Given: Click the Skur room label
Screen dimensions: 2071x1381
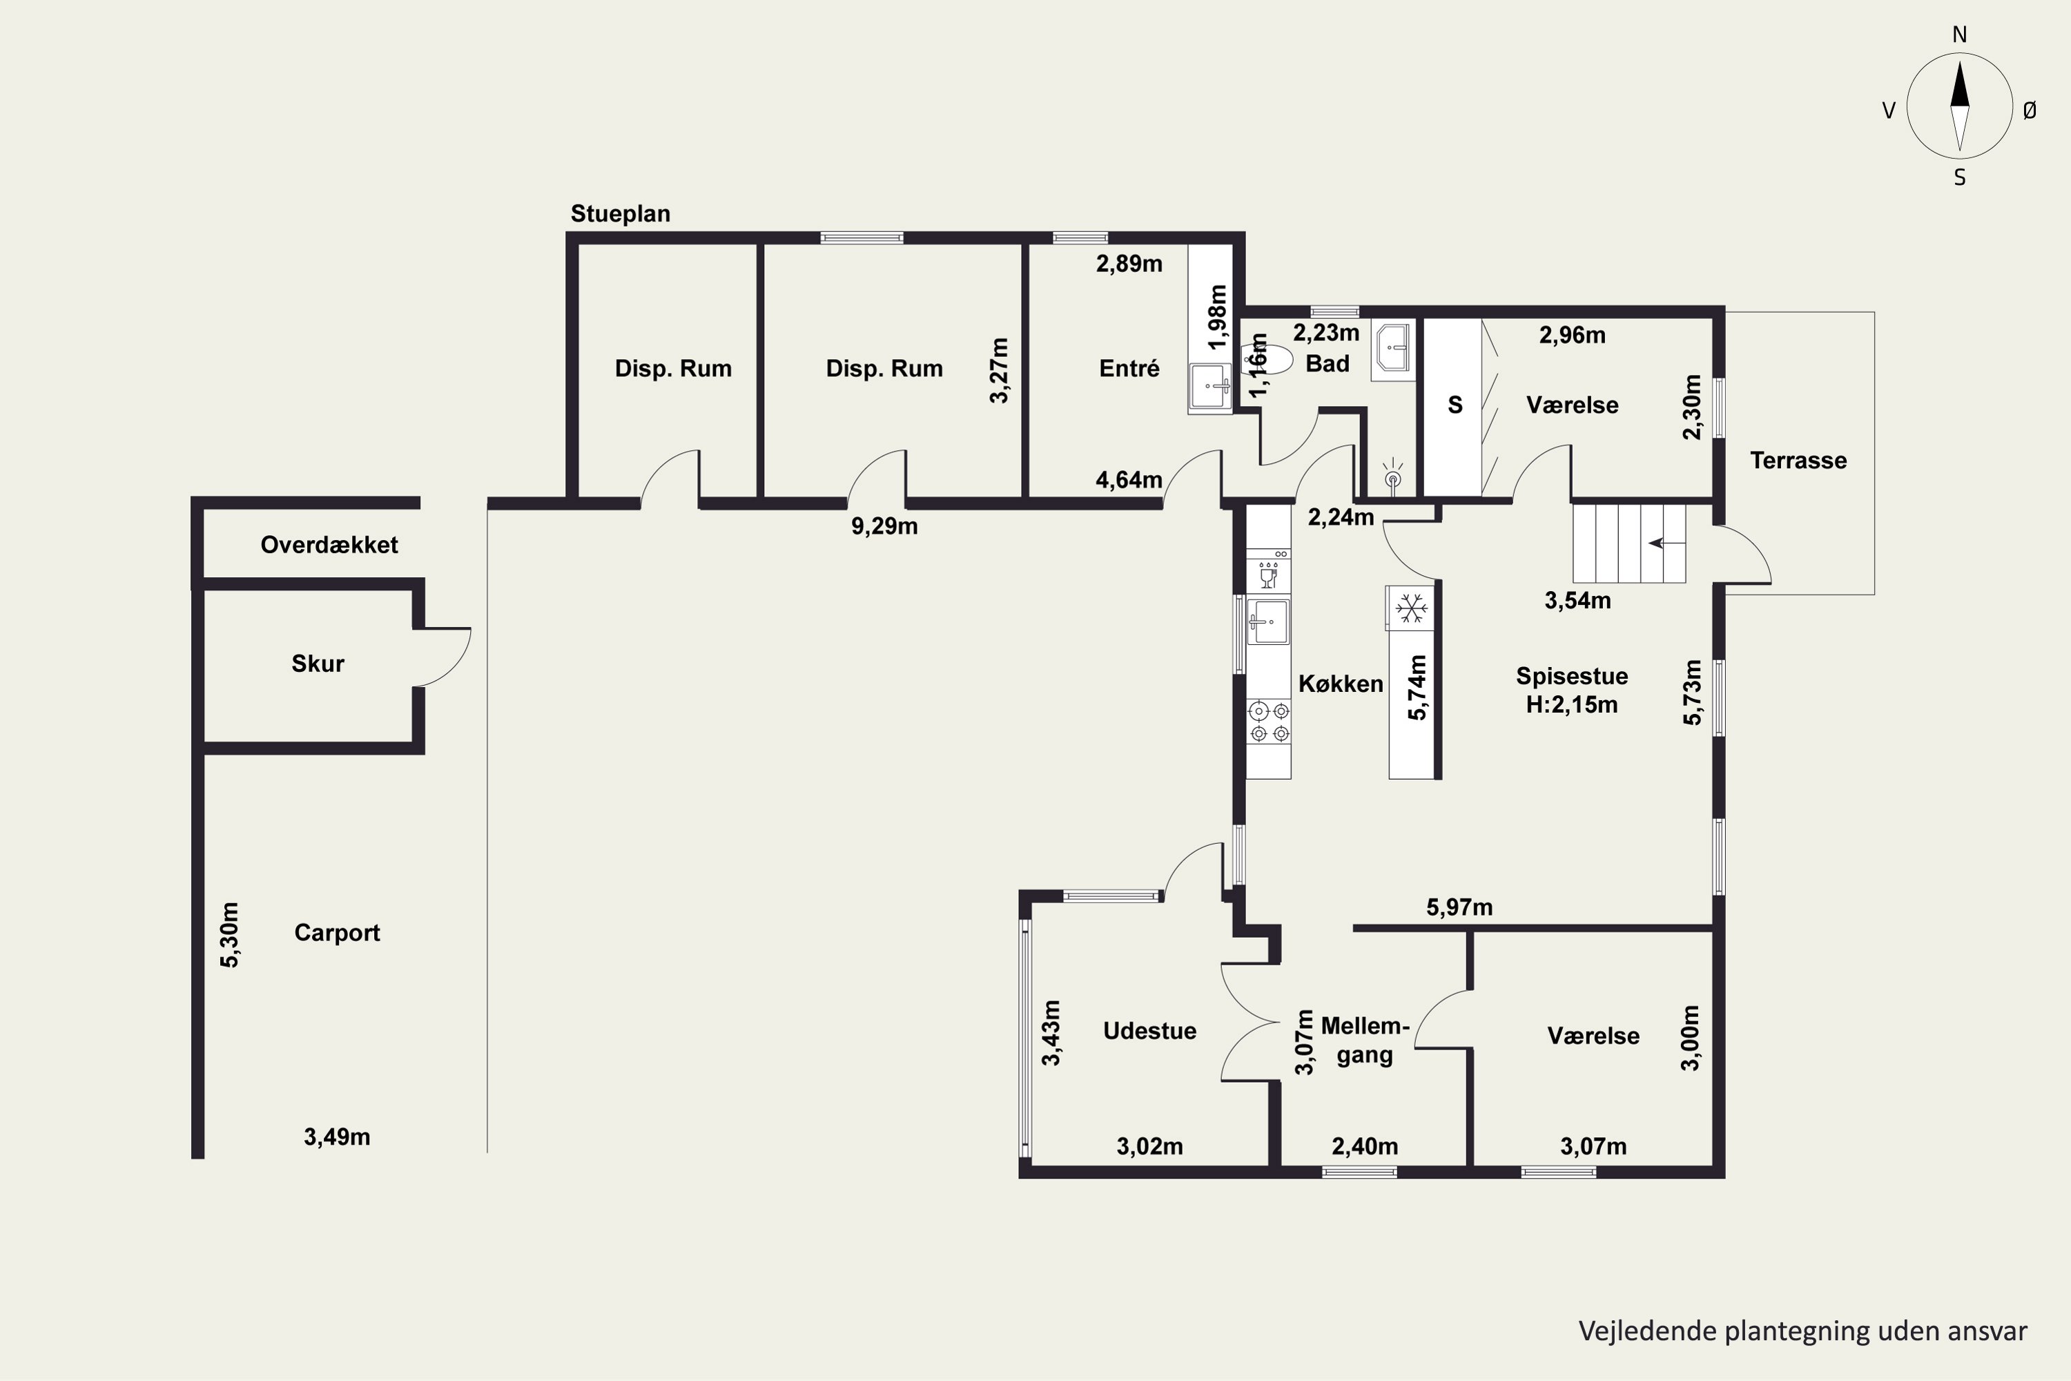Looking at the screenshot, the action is point(318,663).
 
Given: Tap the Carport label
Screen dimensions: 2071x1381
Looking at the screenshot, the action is point(338,934).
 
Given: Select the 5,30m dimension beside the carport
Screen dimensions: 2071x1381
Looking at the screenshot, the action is point(229,934).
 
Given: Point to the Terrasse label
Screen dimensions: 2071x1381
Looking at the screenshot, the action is point(1798,461).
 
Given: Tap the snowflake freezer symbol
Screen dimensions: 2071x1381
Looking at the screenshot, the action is point(1412,608).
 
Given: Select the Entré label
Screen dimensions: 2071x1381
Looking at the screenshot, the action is point(1129,368).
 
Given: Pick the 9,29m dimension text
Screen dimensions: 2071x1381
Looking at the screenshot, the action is point(884,527).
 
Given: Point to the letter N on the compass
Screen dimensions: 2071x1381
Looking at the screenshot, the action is point(1959,35).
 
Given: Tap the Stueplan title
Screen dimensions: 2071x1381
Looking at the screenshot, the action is point(620,214).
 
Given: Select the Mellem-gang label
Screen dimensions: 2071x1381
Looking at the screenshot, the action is point(1365,1040).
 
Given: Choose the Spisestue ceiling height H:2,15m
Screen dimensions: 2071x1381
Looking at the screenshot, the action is point(1572,704).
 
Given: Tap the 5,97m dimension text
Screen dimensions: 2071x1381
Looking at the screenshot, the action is point(1459,907).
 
